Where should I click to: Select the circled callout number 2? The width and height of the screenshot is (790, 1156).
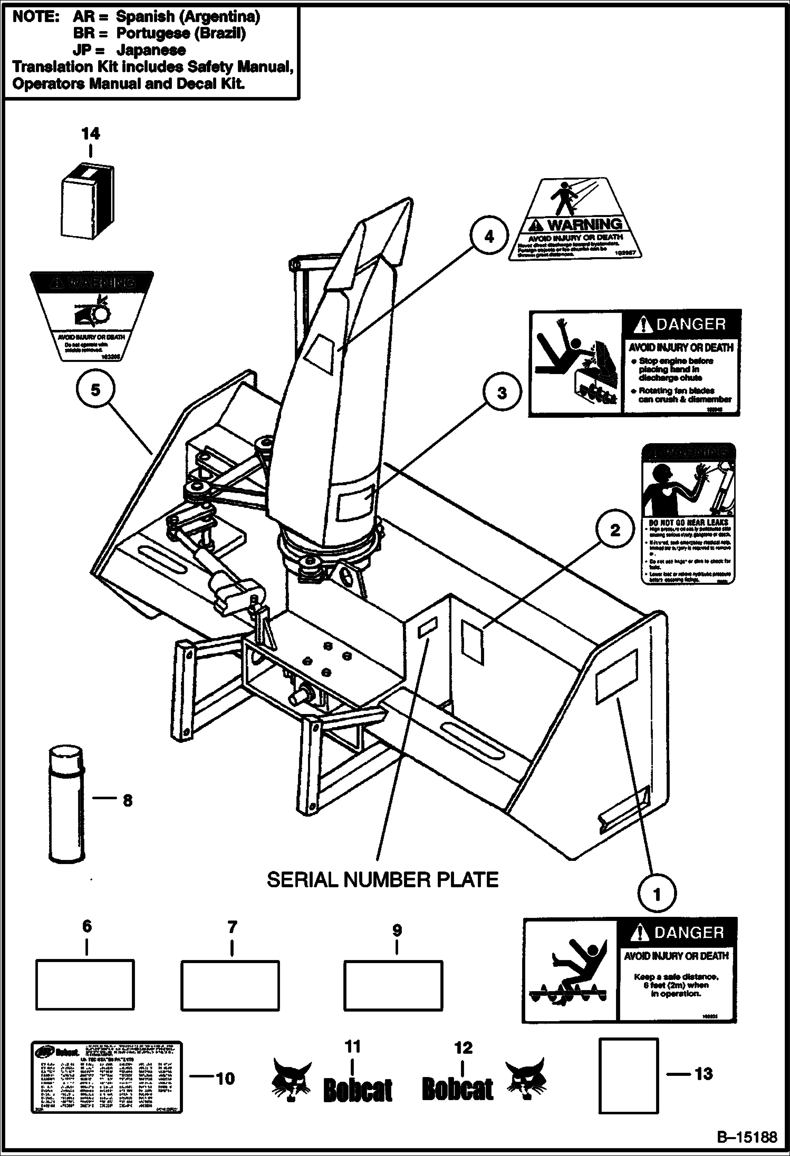coord(615,530)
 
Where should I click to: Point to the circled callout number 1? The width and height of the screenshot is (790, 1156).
coord(657,894)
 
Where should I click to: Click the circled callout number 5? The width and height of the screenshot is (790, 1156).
coord(95,390)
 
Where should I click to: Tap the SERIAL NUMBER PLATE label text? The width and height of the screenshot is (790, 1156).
coord(382,879)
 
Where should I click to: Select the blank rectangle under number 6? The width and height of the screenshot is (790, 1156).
coord(84,985)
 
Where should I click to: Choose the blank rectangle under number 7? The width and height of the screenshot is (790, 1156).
coord(230,985)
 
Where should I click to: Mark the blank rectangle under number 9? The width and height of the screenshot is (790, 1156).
coord(393,985)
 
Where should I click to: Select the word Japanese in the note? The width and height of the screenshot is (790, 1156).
coord(151,50)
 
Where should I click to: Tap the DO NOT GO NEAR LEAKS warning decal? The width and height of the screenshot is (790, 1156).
coord(688,514)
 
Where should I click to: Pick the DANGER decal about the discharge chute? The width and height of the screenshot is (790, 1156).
coord(635,363)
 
